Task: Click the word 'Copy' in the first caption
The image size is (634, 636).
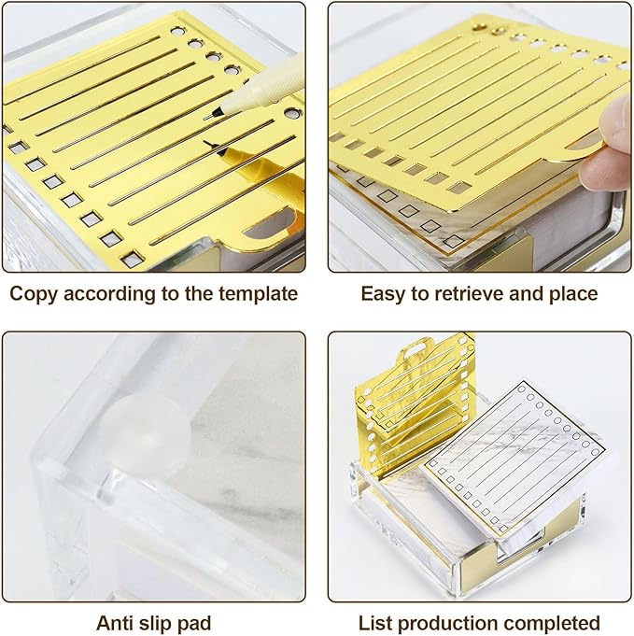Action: [x=34, y=293]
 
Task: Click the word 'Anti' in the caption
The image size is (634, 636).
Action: [x=115, y=622]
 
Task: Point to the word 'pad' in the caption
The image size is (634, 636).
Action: [x=192, y=622]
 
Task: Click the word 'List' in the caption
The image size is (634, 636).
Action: [x=375, y=622]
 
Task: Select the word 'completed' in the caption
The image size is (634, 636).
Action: [x=553, y=622]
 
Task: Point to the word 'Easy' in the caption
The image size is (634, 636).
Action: [x=386, y=293]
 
